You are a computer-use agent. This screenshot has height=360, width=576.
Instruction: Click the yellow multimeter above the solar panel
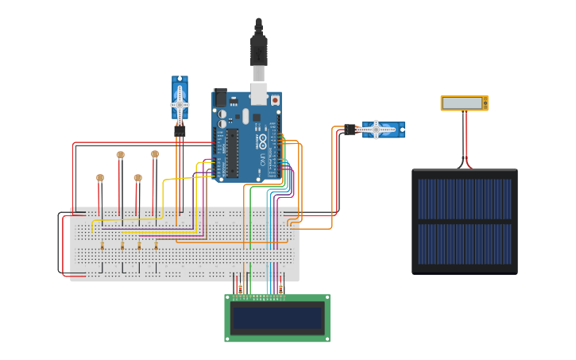(464, 103)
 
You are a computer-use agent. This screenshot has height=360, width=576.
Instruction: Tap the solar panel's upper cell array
(465, 199)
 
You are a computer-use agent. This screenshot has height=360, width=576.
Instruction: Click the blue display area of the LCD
(276, 319)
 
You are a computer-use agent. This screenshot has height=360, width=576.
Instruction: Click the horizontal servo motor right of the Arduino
(383, 130)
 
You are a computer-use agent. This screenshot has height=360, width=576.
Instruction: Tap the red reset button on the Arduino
(275, 101)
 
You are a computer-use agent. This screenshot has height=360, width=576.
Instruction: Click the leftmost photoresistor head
(100, 178)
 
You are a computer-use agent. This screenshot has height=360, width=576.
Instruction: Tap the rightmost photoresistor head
(155, 154)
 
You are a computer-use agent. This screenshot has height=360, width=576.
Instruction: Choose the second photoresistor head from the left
(120, 156)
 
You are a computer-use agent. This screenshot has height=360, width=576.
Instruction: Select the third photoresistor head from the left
(137, 178)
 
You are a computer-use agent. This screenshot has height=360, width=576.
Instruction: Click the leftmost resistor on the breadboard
(102, 246)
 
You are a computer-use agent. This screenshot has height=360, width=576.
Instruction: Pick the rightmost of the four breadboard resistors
(156, 246)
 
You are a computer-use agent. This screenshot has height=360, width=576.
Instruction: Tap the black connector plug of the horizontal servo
(350, 130)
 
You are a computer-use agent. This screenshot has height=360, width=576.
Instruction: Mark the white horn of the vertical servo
(180, 104)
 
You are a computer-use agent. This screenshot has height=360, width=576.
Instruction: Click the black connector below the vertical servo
(180, 130)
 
